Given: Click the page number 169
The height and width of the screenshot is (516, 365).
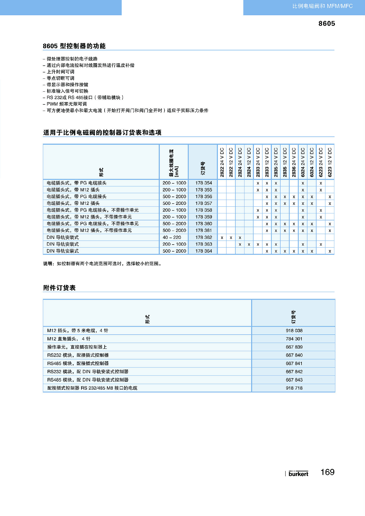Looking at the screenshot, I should (x=327, y=472).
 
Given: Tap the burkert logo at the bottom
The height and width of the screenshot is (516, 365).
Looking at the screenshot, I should (x=298, y=474).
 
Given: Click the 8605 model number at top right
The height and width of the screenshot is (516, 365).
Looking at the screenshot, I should (x=327, y=23).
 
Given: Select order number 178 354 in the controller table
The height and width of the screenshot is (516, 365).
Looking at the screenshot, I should (x=203, y=183).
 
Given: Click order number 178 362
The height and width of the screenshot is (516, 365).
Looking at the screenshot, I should (x=203, y=237).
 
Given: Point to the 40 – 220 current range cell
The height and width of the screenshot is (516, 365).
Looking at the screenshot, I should (x=172, y=237).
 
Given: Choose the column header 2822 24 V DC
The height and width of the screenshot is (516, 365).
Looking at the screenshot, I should (x=222, y=162).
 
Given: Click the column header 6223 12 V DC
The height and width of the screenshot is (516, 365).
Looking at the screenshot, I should (x=330, y=162).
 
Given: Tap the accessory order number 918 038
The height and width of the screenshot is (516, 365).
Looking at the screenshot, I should (x=294, y=330).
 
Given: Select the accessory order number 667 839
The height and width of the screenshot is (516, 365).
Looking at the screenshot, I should (x=294, y=347).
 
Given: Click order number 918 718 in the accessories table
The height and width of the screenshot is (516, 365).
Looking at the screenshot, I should (x=294, y=388).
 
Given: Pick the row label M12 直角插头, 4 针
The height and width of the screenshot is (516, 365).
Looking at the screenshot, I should (x=69, y=339).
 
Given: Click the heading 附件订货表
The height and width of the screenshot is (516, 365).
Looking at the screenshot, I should (x=59, y=288).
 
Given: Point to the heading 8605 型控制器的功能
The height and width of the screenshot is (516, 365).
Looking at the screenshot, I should (x=74, y=46).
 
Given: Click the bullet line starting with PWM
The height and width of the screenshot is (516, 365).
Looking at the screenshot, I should (x=67, y=104).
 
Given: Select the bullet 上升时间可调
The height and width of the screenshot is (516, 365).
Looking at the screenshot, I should (x=60, y=72).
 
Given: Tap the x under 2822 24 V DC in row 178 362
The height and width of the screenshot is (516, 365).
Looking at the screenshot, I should (x=222, y=238).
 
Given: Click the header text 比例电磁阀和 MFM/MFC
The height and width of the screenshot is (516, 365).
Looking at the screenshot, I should (x=322, y=6).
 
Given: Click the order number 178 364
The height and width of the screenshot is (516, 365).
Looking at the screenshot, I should (x=203, y=251).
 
